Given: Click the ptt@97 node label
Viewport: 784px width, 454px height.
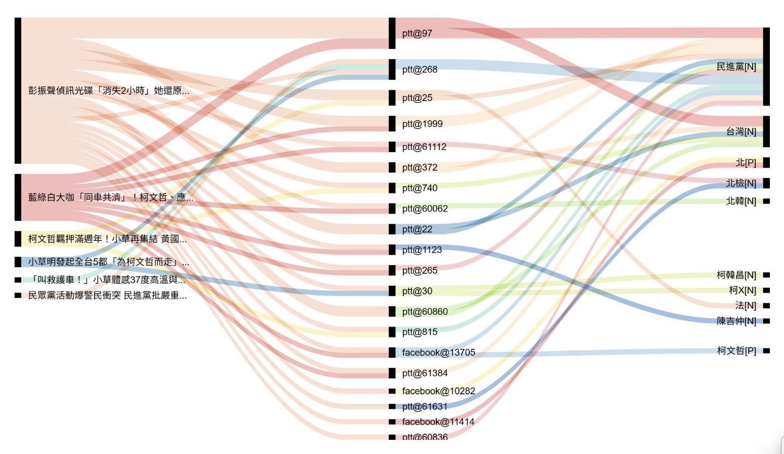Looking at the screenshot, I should tap(417, 33).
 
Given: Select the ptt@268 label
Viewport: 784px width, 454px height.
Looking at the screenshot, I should tap(420, 69).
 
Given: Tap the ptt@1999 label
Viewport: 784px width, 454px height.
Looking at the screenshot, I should tap(422, 124).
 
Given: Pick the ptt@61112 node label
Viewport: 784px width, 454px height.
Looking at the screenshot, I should tap(424, 147).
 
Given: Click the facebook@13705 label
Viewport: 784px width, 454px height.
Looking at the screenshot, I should tap(439, 353).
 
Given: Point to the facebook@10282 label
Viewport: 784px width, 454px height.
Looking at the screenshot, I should tap(439, 391).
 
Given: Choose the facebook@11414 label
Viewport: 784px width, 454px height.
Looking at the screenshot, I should tap(438, 422).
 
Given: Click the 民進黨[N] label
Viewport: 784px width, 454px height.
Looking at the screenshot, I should tap(736, 67).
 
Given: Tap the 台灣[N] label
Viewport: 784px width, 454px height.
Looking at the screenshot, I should tap(741, 132).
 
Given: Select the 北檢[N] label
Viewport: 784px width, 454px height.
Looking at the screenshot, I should tap(741, 183).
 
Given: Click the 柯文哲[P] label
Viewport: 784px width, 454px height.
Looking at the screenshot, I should tap(736, 351).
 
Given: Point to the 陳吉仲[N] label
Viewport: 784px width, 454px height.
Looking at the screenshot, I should tap(736, 321).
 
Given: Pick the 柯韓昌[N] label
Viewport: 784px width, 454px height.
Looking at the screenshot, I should tap(736, 275).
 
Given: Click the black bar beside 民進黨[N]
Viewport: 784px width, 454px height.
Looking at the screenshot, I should tap(766, 66).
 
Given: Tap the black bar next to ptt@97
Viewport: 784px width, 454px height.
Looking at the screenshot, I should tap(392, 33).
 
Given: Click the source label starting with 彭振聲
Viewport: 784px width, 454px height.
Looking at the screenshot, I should tap(109, 90).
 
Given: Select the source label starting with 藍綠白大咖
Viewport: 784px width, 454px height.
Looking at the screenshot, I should tap(111, 197).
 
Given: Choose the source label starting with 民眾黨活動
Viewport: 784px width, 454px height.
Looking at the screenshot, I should tap(107, 295).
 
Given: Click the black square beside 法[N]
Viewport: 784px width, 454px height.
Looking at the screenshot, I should tap(766, 306).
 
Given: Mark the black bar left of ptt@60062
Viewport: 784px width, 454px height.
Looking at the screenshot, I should tap(392, 208).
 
